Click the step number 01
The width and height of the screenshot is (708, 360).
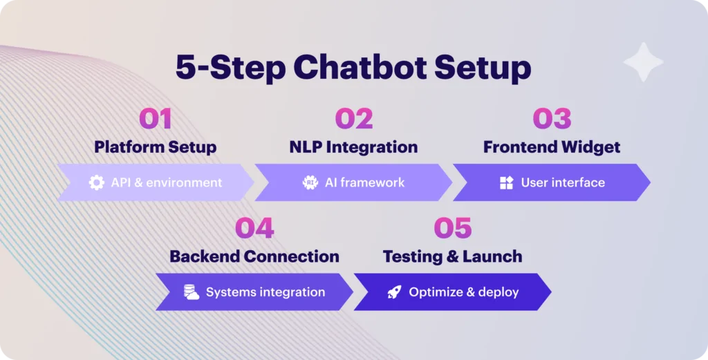156,119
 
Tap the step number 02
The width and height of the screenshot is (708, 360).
354,119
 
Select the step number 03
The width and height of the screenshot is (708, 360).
552,119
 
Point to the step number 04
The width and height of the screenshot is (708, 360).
254,228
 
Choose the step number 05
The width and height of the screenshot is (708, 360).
452,228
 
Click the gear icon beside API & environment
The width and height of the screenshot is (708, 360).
97,182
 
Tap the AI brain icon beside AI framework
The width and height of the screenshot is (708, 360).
310,182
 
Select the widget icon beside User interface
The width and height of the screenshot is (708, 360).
507,182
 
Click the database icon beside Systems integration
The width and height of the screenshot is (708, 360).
192,292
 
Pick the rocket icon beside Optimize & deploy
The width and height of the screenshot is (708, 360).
394,292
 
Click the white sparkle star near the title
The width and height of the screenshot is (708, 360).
644,62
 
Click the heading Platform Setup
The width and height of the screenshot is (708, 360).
156,147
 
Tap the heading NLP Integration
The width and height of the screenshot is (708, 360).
353,147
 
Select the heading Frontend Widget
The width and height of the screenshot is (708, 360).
552,147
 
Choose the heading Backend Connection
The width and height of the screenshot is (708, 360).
254,256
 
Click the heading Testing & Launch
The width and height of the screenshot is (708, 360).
452,256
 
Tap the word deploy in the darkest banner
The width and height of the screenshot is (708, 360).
499,292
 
